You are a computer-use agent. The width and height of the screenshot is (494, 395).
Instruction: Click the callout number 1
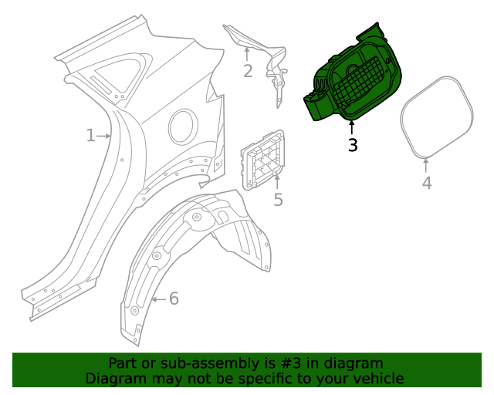point(90,136)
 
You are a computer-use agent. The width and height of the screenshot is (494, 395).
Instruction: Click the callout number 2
point(248,72)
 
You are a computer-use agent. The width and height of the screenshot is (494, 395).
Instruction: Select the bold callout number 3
point(353,145)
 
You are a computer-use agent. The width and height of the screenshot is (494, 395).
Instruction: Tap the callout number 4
point(427,183)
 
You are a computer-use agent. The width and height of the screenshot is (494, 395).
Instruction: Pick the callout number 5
point(278,200)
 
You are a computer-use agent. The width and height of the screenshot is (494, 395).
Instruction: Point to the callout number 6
point(174,299)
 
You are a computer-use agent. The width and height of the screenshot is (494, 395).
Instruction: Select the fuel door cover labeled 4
point(437,116)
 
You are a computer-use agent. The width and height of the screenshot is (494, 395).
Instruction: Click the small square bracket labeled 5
point(263,160)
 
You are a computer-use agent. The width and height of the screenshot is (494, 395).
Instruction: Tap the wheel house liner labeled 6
point(193,255)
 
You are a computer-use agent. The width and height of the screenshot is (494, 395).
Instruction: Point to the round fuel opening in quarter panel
point(183,126)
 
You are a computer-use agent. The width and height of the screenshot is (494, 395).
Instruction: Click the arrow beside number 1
point(104,136)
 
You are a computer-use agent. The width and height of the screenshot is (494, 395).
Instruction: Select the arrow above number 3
point(352,127)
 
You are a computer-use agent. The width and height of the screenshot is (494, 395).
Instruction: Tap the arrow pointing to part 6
point(158,299)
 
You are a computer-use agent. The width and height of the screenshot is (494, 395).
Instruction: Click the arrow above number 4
point(427,164)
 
